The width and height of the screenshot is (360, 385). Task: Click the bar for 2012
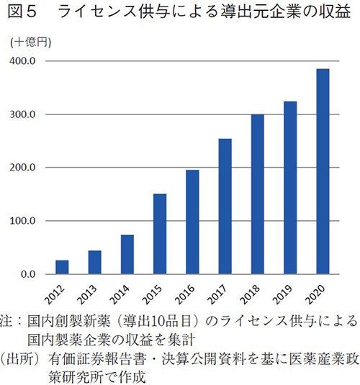62,267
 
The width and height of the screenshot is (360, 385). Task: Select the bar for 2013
94,262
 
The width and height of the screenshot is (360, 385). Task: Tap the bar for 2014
127,255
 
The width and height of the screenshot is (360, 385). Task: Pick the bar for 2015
160,234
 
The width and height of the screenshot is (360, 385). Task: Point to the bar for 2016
192,222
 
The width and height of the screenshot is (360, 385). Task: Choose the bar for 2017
225,207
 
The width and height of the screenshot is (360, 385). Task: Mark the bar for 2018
257,194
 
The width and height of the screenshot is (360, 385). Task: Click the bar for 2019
289,188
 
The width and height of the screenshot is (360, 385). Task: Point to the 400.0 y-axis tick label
23,61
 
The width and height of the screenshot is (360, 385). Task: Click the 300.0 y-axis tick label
23,114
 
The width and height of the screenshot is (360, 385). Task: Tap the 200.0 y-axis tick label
23,168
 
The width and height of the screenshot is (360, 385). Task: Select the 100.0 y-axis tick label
23,221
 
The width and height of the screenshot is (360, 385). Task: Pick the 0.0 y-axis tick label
28,274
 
